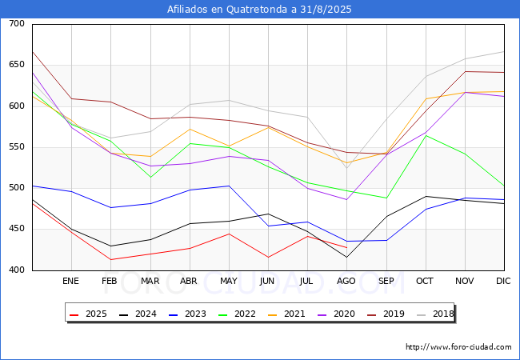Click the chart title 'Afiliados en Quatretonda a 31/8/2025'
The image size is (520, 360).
pyautogui.click(x=259, y=9)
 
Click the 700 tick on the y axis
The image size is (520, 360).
pyautogui.click(x=16, y=24)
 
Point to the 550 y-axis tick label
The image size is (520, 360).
pyautogui.click(x=16, y=147)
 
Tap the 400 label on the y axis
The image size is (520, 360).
pyautogui.click(x=16, y=270)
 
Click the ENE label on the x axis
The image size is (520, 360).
pyautogui.click(x=71, y=281)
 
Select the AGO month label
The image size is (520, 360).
pyautogui.click(x=346, y=281)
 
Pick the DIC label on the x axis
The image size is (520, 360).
pyautogui.click(x=504, y=281)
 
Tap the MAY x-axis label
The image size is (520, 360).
pyautogui.click(x=229, y=281)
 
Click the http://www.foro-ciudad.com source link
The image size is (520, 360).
pyautogui.click(x=458, y=347)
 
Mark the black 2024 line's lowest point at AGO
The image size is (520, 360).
pyautogui.click(x=346, y=257)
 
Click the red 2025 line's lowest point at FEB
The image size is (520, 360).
pyautogui.click(x=110, y=259)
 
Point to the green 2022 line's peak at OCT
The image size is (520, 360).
pyautogui.click(x=426, y=135)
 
